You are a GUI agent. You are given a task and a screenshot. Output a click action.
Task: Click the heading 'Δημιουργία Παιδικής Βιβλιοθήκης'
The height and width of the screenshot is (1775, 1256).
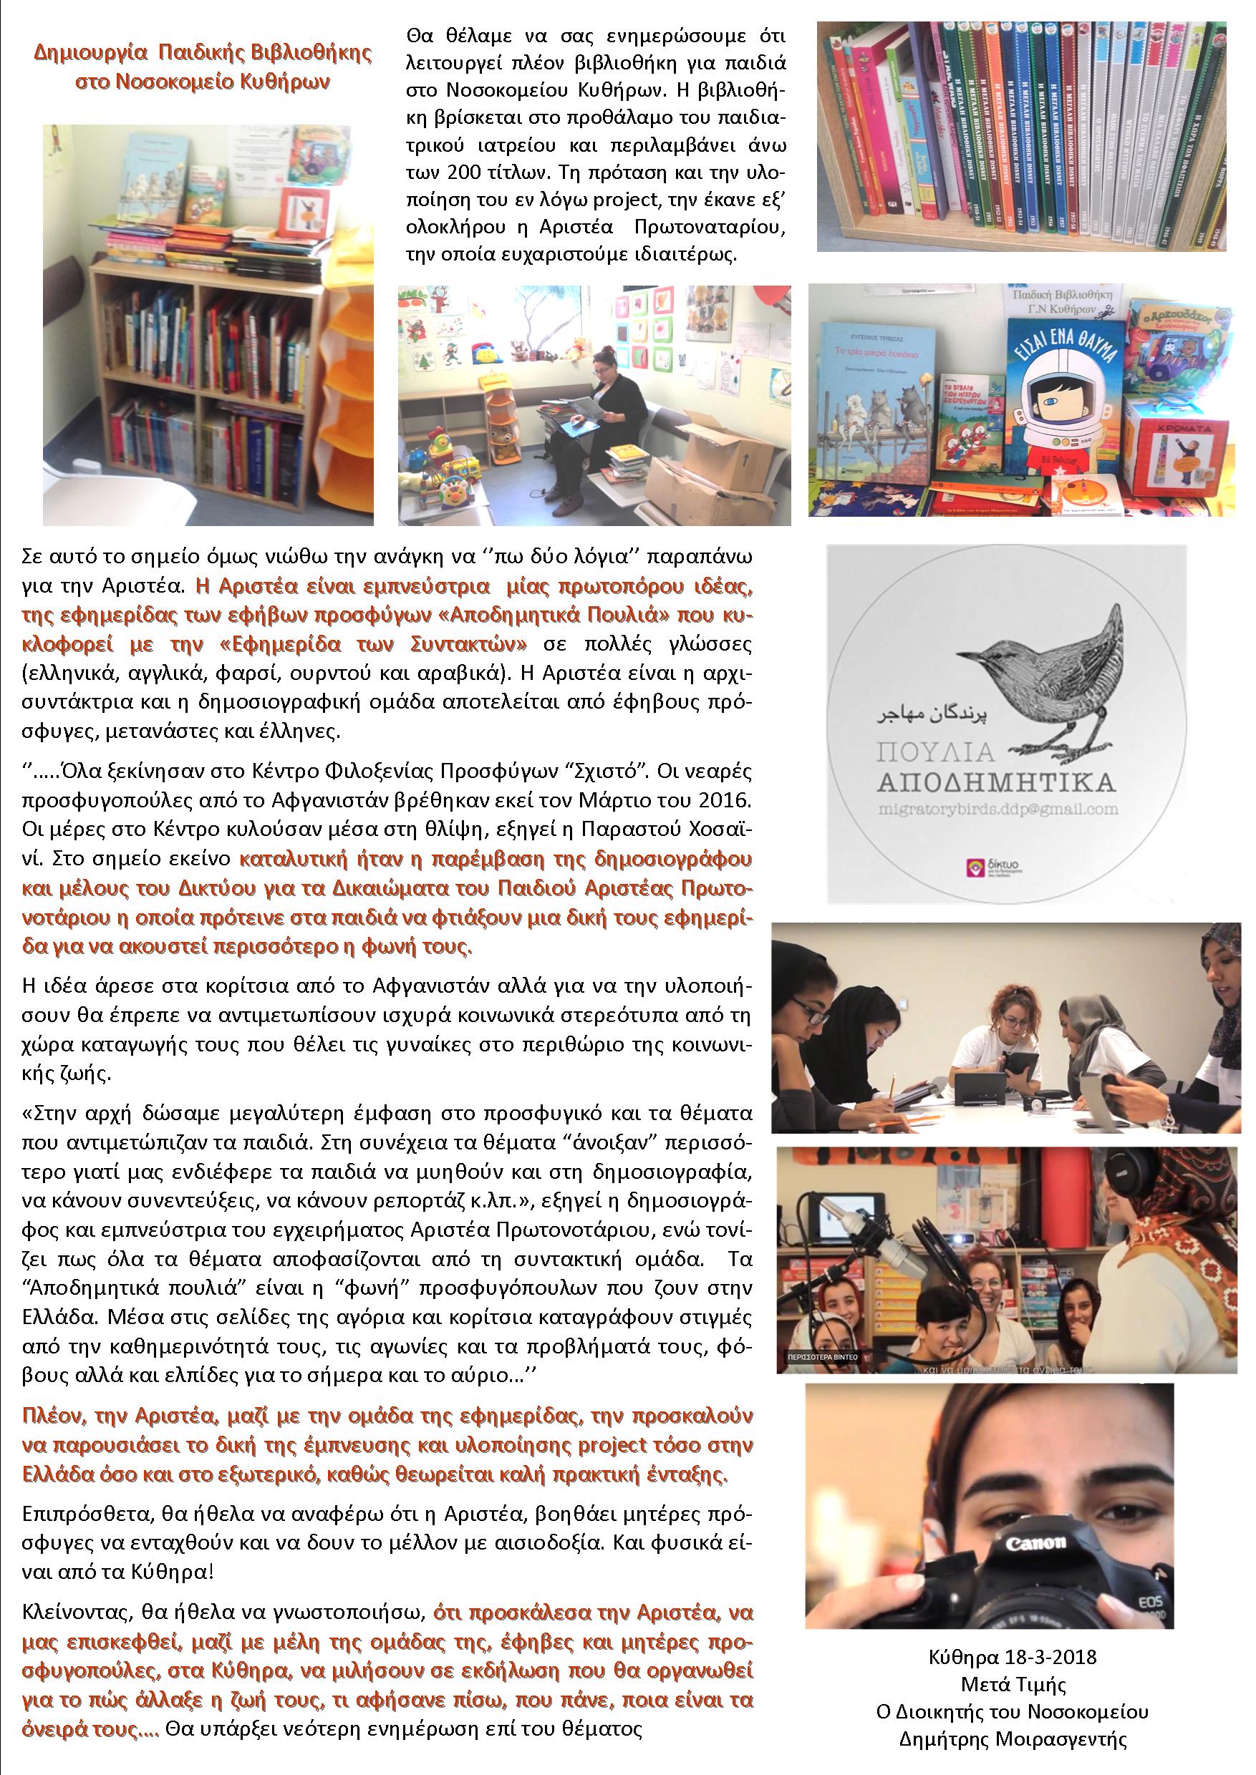tap(203, 52)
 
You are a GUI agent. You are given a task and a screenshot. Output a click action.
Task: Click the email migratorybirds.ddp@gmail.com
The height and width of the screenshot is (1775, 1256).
tap(997, 809)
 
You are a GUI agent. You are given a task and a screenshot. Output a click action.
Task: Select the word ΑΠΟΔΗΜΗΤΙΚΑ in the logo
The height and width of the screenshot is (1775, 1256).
tap(996, 782)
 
